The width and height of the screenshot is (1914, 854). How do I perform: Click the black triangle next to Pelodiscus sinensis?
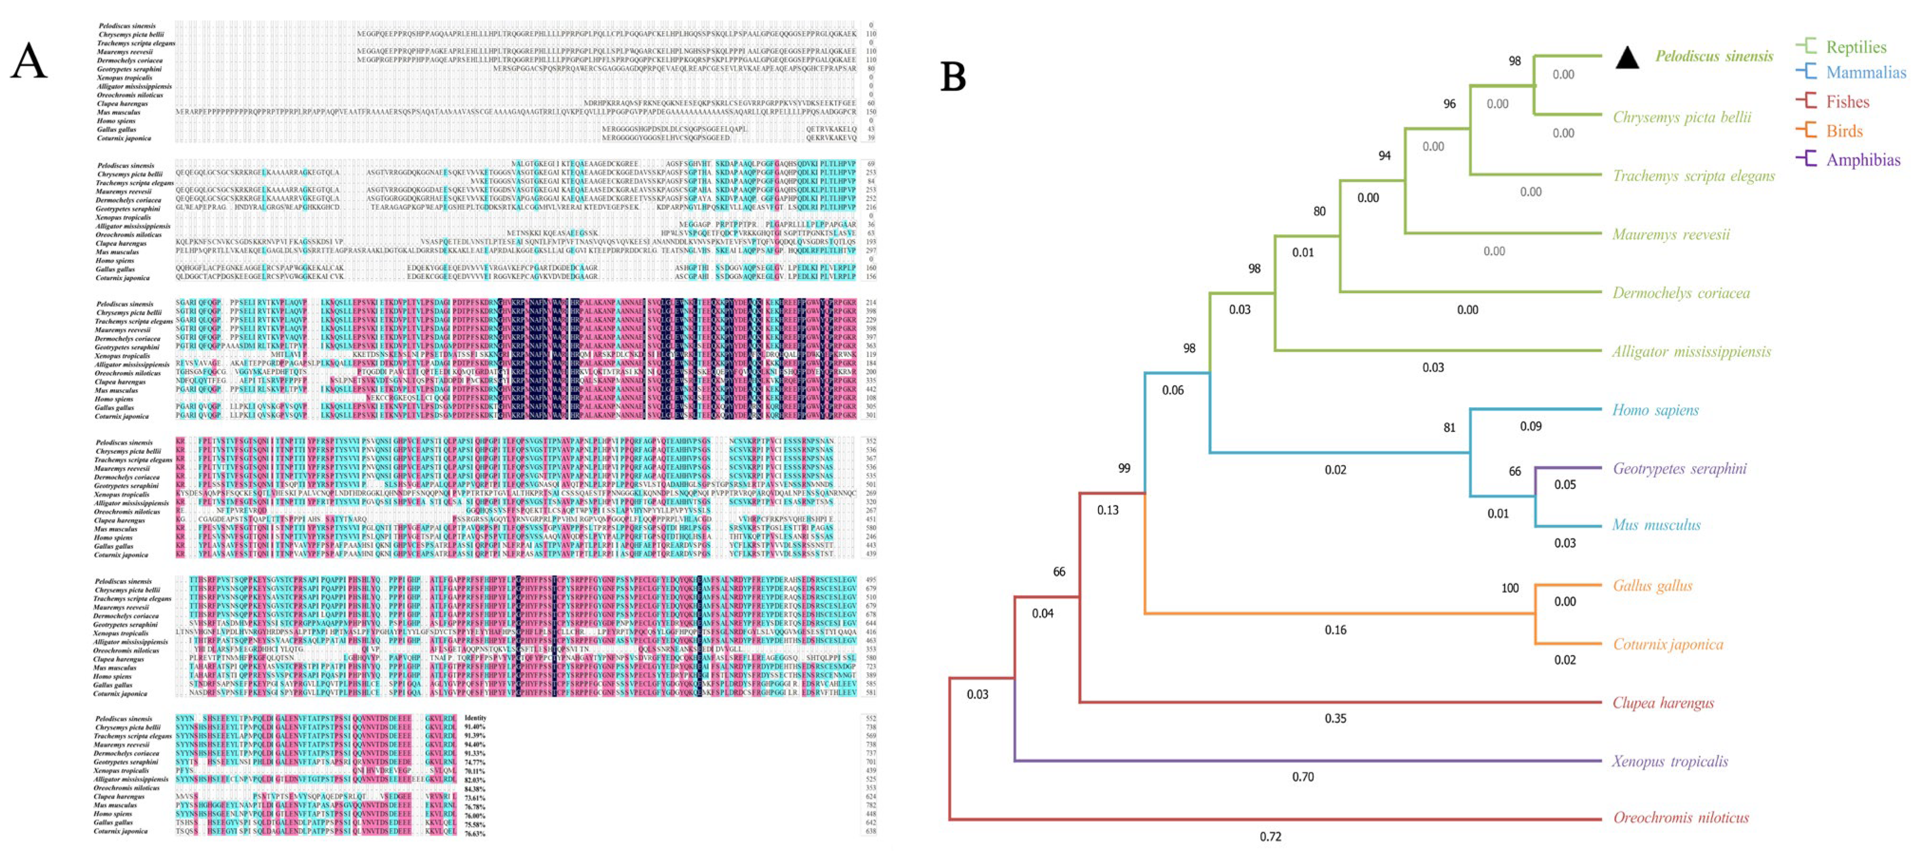pyautogui.click(x=1627, y=57)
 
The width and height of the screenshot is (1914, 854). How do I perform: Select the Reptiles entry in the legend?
pyautogui.click(x=1855, y=47)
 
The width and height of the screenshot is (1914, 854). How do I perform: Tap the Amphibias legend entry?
pyautogui.click(x=1863, y=160)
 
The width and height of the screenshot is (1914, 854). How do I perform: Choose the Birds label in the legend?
pyautogui.click(x=1844, y=131)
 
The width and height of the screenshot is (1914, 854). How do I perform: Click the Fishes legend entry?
pyautogui.click(x=1847, y=102)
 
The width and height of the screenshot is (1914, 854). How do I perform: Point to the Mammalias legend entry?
pyautogui.click(x=1865, y=73)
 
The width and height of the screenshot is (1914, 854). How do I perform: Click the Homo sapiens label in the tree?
pyautogui.click(x=1655, y=410)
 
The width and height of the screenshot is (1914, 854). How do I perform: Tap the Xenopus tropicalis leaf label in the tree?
pyautogui.click(x=1669, y=761)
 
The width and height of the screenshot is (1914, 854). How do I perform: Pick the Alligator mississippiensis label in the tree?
pyautogui.click(x=1691, y=352)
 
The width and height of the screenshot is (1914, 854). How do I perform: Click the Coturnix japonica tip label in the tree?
pyautogui.click(x=1668, y=644)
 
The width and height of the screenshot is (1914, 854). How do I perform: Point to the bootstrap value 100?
pyautogui.click(x=1510, y=588)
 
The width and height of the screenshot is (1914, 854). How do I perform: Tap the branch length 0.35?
pyautogui.click(x=1335, y=719)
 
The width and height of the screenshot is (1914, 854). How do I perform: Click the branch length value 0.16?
pyautogui.click(x=1335, y=630)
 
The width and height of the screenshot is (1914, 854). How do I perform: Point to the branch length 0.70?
pyautogui.click(x=1302, y=777)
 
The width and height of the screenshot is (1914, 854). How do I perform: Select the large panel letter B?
pyautogui.click(x=953, y=77)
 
